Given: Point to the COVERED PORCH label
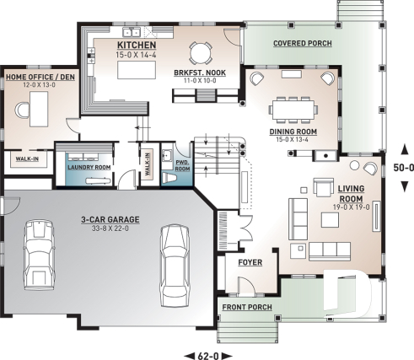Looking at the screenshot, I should [303, 43].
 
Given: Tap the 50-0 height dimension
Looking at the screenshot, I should [405, 168].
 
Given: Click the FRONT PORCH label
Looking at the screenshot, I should [247, 307].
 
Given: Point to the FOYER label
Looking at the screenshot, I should [250, 262].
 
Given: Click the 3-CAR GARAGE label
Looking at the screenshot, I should [110, 219].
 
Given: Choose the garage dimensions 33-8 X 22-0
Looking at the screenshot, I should [110, 228].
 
